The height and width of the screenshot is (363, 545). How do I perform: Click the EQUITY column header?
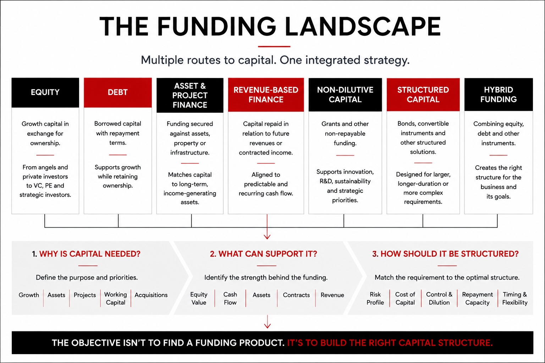(45, 93)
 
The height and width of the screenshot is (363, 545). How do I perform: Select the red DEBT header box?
(118, 93)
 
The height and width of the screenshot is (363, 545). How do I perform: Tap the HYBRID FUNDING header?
(499, 94)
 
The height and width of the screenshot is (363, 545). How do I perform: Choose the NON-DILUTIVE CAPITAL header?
(345, 95)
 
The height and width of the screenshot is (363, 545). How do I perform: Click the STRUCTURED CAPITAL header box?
(423, 95)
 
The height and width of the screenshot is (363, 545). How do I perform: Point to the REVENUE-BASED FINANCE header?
(266, 95)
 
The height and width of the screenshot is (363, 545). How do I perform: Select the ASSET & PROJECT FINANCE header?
(190, 95)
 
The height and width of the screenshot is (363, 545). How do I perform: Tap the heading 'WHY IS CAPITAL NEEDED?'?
(90, 254)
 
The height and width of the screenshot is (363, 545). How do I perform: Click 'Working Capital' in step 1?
(116, 298)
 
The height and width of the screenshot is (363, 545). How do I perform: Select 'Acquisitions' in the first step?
(151, 295)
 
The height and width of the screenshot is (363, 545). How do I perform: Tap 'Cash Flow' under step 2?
(230, 298)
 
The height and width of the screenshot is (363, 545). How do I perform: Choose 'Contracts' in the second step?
(296, 295)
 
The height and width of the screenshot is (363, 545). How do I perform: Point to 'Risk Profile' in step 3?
(375, 298)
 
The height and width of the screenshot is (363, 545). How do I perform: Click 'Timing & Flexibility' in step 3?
(515, 298)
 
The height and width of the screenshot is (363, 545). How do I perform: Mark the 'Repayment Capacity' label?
(477, 298)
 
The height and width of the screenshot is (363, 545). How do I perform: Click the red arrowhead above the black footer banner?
(268, 325)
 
